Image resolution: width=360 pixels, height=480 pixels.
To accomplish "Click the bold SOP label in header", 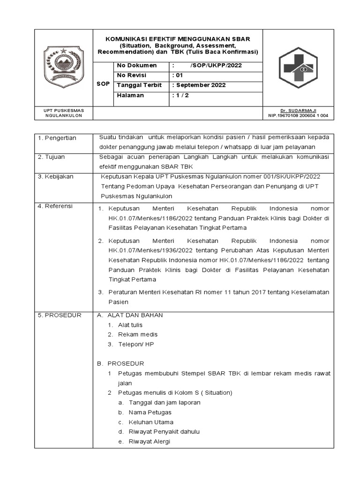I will click(103, 83).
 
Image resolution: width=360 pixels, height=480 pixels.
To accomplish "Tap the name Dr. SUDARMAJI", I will click(298, 110).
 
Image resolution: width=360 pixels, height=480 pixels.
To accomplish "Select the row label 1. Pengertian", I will click(57, 138).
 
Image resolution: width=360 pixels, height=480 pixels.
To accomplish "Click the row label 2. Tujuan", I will click(52, 157).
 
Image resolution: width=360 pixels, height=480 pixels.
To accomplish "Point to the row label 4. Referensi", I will click(56, 206).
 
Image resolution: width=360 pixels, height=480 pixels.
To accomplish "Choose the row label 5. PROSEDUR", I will click(60, 315).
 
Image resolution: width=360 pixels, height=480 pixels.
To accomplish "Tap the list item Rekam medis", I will click(138, 334).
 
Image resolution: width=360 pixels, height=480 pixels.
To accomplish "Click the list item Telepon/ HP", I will click(136, 344).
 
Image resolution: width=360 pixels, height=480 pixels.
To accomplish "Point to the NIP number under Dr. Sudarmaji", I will click(298, 115).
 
